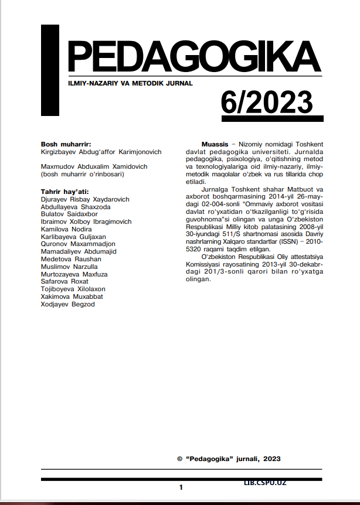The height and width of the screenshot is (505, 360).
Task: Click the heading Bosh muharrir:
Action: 66,144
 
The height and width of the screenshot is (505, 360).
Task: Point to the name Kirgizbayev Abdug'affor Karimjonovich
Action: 101,152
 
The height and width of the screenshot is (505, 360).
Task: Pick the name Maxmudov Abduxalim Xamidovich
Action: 94,166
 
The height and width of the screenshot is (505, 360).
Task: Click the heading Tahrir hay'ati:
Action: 64,192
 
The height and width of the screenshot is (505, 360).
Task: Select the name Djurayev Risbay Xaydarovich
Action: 85,199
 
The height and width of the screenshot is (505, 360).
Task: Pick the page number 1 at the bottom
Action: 181,487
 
